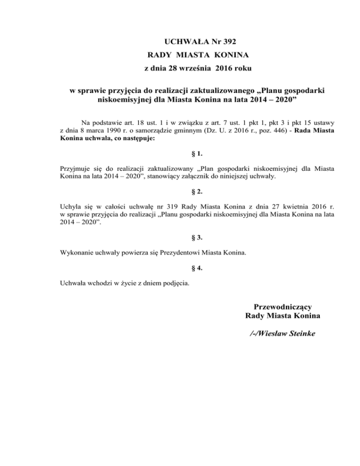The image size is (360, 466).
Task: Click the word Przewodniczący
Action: pos(283,308)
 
